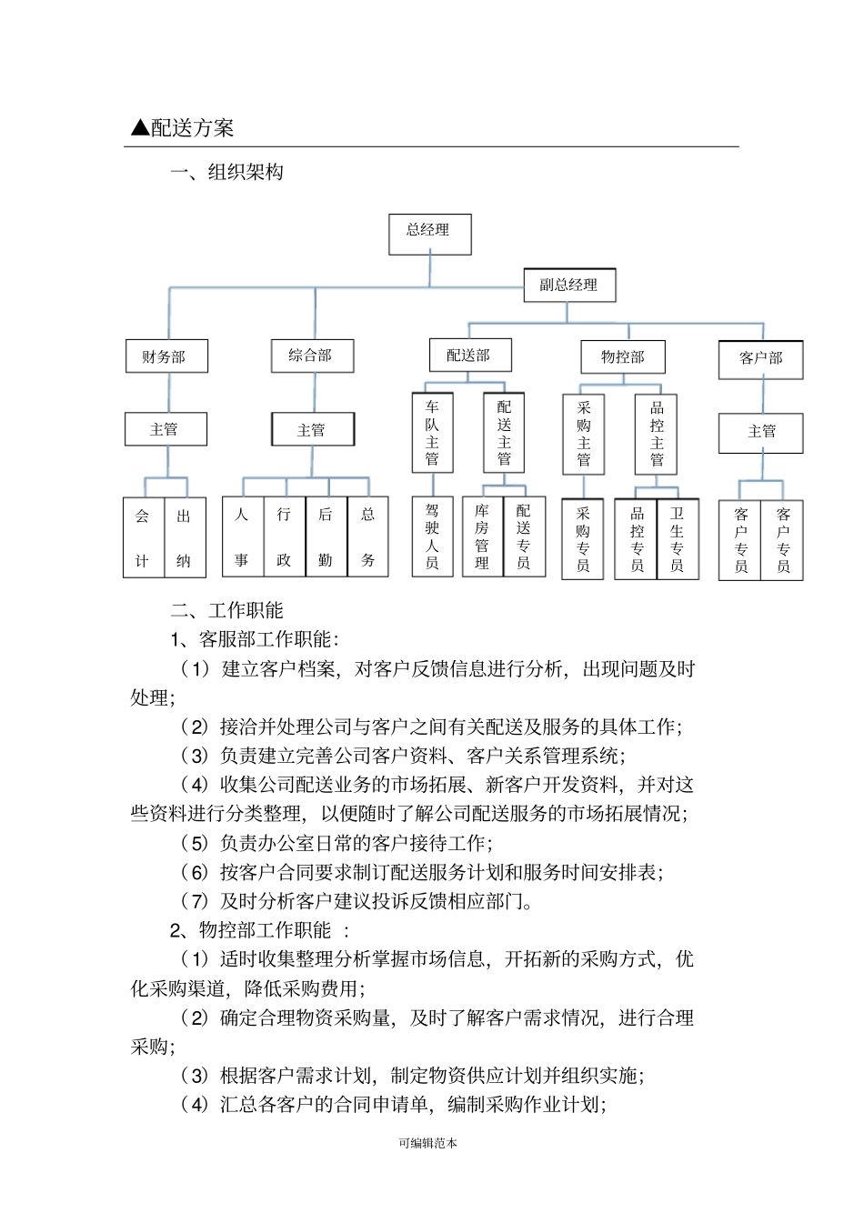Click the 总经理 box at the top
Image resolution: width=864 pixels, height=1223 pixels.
[x=429, y=234]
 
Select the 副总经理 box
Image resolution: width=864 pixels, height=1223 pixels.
[x=569, y=285]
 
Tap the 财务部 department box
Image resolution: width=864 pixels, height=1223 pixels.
[x=166, y=356]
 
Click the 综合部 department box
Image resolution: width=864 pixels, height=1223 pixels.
[x=312, y=356]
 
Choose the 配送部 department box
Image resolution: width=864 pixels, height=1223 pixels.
[x=469, y=355]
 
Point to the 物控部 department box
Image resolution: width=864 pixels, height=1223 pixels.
[x=623, y=356]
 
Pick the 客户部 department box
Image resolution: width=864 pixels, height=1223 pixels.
[x=761, y=358]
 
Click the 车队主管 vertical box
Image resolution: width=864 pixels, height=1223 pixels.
[x=432, y=433]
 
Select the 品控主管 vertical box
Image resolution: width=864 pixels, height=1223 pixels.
[x=657, y=434]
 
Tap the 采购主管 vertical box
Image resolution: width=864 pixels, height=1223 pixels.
[x=584, y=434]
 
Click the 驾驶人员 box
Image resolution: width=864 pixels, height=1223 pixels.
[x=432, y=536]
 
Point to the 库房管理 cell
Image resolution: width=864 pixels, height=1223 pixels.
[x=482, y=536]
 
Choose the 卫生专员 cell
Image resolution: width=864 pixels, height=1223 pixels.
[x=678, y=538]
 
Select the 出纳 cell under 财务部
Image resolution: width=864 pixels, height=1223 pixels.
[x=185, y=536]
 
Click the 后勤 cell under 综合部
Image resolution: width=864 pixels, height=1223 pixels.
[x=326, y=536]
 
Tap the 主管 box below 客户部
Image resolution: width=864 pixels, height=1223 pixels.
[x=761, y=432]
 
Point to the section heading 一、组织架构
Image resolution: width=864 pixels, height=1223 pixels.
[x=226, y=172]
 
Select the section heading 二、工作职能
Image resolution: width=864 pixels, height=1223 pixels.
[x=226, y=610]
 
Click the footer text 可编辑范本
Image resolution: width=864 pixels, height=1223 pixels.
[x=427, y=1143]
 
